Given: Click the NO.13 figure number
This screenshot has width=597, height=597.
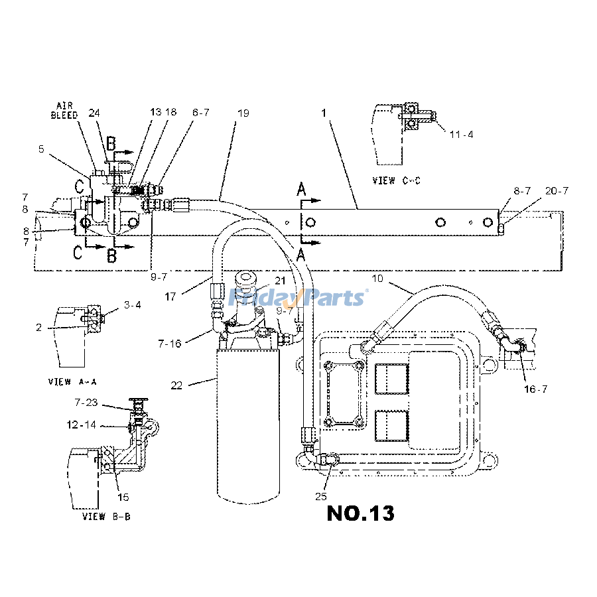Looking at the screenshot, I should pos(360,513).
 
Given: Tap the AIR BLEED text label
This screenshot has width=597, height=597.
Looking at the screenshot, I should pos(66,110).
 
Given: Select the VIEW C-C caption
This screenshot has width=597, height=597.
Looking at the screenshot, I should pos(397,180).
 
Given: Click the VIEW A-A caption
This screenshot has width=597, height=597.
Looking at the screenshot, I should pos(72,382).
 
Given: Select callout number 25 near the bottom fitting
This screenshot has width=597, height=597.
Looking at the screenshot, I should pos(322,496).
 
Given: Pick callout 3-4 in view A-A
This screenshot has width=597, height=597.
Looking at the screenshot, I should pos(132,305).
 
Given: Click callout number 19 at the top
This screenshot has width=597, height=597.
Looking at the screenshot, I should pos(243,113).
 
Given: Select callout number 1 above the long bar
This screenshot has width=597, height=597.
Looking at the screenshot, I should pos(324,113).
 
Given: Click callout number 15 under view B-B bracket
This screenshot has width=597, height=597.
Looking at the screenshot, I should pos(123,497).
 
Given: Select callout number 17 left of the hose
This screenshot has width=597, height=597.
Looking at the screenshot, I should pos(171,297).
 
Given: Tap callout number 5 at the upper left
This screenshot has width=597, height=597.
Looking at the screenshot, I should pos(41,149).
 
